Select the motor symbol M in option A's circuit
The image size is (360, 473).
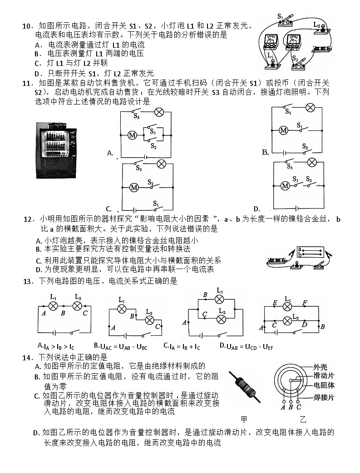pos(133,135)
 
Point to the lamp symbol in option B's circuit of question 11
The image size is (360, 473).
pos(311,108)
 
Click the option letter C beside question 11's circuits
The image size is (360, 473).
pos(109,209)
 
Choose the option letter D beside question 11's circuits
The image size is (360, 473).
pos(256,209)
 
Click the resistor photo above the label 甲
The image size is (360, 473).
pos(245,387)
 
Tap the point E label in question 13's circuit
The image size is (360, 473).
pos(275,303)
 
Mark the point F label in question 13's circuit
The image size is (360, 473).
pos(305,303)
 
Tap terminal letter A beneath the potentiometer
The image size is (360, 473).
pos(283,407)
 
